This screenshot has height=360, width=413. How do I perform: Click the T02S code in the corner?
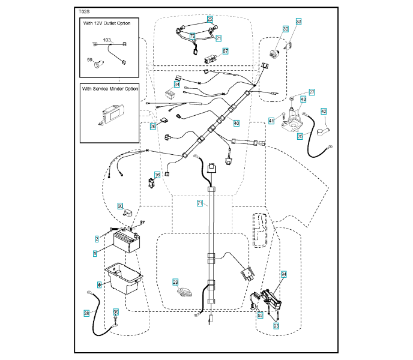pyautogui.click(x=84, y=11)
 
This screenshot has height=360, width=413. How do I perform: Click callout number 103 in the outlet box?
pyautogui.click(x=107, y=40)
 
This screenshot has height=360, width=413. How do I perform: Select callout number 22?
pyautogui.click(x=210, y=19)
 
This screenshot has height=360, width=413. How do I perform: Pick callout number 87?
pyautogui.click(x=225, y=52)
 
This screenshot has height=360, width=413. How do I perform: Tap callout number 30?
pyautogui.click(x=285, y=29)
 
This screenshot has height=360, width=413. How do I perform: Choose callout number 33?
pyautogui.click(x=298, y=22)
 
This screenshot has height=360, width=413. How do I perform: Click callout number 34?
pyautogui.click(x=177, y=85)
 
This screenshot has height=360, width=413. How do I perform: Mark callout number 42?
pyautogui.click(x=323, y=111)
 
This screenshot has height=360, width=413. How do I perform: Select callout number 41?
pyautogui.click(x=271, y=121)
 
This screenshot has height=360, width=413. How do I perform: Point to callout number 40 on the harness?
pyautogui.click(x=236, y=123)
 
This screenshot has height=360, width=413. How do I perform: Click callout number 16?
pyautogui.click(x=157, y=175)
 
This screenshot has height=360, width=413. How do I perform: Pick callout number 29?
pyautogui.click(x=175, y=281)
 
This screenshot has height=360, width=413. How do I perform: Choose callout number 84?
pyautogui.click(x=284, y=274)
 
